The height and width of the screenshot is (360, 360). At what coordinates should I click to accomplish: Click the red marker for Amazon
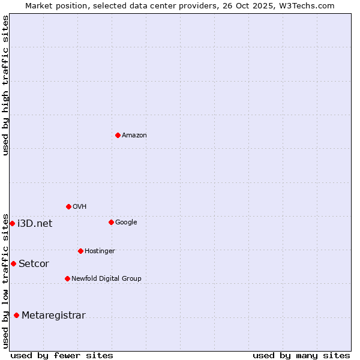point(118,135)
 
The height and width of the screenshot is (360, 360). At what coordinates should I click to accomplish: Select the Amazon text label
point(134,136)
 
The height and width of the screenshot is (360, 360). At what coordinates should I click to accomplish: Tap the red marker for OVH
point(68,206)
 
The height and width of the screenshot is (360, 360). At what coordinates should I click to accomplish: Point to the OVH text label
point(80,207)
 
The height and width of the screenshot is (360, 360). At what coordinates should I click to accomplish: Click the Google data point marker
point(111,222)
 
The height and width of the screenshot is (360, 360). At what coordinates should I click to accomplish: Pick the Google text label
point(126,223)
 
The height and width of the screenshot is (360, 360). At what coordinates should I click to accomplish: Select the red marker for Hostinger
point(80,251)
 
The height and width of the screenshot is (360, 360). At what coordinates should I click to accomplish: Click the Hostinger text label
point(100,251)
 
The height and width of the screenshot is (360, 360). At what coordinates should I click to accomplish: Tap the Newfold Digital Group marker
point(67,278)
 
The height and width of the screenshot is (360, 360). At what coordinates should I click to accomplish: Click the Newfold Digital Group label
point(106,278)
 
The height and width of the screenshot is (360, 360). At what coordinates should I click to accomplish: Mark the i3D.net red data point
point(12,223)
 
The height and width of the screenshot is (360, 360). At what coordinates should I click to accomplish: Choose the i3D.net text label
point(35,224)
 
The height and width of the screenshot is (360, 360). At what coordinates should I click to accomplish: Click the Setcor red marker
point(13,263)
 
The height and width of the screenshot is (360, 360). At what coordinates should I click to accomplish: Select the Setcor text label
point(34,264)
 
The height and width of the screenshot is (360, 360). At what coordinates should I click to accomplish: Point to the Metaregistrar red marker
point(16,315)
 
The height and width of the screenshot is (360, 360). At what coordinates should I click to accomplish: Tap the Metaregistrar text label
point(53,316)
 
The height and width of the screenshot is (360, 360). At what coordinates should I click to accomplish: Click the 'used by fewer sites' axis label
point(62,355)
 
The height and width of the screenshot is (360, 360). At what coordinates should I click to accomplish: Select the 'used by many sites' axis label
point(301,355)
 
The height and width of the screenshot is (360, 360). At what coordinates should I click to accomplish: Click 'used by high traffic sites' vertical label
point(5,85)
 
